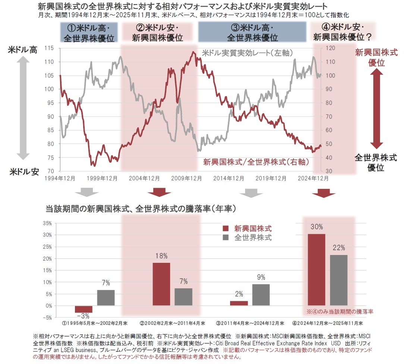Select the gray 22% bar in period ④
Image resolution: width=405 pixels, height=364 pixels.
tap(339, 280)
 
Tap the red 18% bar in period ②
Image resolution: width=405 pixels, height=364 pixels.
tap(161, 284)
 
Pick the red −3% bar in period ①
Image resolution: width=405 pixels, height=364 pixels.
tap(84, 309)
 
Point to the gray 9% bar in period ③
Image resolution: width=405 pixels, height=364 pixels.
tap(261, 295)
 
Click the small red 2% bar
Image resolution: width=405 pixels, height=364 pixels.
tap(239, 303)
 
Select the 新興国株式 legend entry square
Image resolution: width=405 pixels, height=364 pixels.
tap(225, 229)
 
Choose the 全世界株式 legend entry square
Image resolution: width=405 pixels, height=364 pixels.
tap(225, 237)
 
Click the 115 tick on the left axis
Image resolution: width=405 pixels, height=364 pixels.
tap(49, 48)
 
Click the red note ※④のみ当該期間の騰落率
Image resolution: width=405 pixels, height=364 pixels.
tap(340, 311)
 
